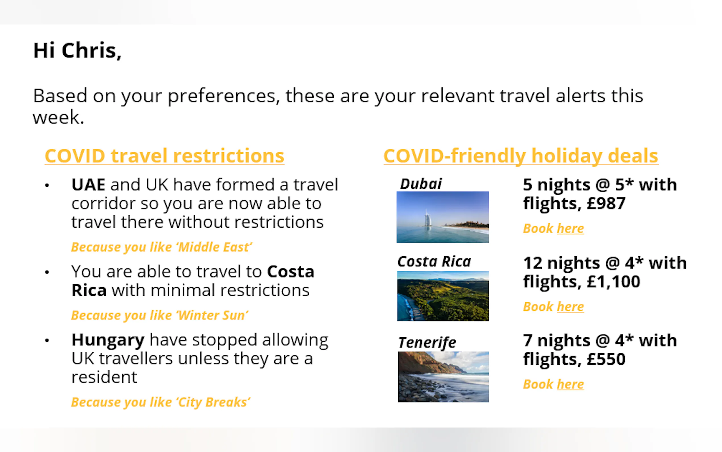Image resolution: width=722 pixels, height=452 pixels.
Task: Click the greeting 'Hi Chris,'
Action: [77, 50]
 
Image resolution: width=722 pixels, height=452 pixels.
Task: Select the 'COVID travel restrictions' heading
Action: [165, 156]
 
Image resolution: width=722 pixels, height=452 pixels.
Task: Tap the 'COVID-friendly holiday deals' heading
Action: [521, 156]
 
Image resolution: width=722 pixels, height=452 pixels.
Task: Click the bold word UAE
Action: [88, 185]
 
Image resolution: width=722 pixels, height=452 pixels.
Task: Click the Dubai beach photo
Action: [443, 217]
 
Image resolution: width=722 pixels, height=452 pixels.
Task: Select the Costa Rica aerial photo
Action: [443, 296]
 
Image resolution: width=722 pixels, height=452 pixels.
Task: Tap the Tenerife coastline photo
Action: [443, 377]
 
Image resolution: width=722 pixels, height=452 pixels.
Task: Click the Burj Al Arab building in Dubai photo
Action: [428, 218]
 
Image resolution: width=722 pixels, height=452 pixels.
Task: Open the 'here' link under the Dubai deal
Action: [570, 229]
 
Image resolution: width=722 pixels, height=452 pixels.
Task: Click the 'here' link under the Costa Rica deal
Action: [570, 307]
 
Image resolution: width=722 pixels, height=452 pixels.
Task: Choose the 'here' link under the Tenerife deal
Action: [570, 385]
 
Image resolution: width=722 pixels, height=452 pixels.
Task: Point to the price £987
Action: [606, 204]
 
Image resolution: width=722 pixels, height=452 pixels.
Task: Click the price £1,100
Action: [613, 282]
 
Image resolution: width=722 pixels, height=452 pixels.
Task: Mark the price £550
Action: [606, 359]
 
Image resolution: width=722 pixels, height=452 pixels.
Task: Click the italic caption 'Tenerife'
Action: [427, 343]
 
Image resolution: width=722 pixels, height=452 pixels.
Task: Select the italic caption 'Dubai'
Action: [421, 184]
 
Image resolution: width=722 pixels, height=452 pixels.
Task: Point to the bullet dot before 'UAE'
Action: [47, 186]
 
